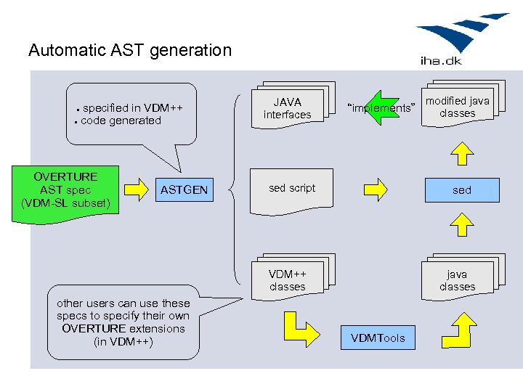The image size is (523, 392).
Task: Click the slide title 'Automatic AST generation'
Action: (x=129, y=50)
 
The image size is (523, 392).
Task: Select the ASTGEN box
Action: (x=184, y=190)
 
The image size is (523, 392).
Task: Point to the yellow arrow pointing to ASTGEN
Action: (x=136, y=190)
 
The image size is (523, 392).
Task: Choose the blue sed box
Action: (x=461, y=190)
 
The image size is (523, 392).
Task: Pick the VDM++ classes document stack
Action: (x=288, y=279)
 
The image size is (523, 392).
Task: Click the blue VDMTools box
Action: (x=378, y=338)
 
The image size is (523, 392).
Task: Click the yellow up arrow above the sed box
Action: (x=462, y=152)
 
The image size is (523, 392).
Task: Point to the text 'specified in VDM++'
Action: (x=132, y=108)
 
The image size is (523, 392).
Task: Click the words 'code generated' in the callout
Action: (x=121, y=121)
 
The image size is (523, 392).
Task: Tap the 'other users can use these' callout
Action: (x=123, y=322)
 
